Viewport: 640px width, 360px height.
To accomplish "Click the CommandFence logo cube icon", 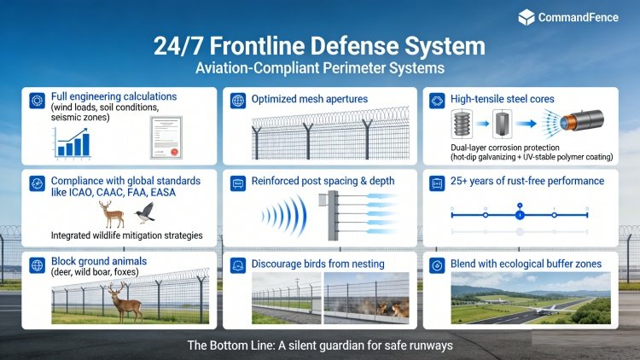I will pyautogui.click(x=527, y=16).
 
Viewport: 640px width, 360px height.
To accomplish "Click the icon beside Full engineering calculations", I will pyautogui.click(x=37, y=100).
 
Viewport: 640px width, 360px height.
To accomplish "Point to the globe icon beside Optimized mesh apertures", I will pyautogui.click(x=236, y=100).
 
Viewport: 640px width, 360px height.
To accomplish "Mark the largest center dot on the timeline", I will pyautogui.click(x=519, y=215).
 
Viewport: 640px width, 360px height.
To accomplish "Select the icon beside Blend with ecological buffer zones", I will pyautogui.click(x=437, y=264).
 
